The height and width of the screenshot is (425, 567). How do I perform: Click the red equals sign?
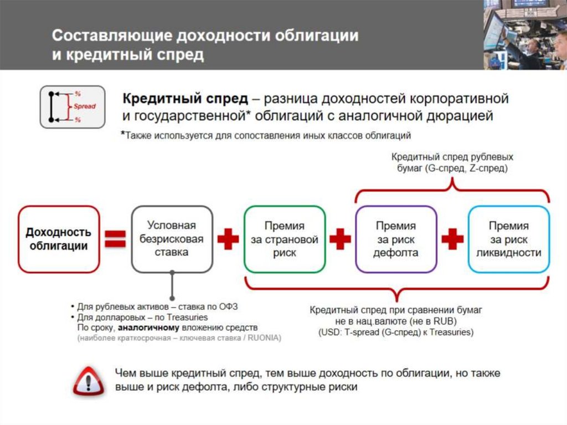[x=116, y=239]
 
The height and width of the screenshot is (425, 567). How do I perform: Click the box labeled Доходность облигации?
[x=59, y=239]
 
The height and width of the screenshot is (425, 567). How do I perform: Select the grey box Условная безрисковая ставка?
[x=172, y=239]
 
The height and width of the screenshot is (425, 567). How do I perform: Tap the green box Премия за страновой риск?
[x=284, y=239]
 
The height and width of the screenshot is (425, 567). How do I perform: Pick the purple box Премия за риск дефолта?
[x=396, y=239]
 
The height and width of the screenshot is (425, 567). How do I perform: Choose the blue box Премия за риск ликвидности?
[x=508, y=239]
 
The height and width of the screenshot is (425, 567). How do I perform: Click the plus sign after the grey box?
[x=228, y=239]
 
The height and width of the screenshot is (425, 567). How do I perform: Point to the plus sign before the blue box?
[x=452, y=239]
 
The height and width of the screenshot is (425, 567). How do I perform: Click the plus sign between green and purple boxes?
[x=340, y=239]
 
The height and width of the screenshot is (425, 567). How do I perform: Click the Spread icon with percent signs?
[x=72, y=106]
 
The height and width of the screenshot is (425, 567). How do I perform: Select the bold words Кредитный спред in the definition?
[x=185, y=99]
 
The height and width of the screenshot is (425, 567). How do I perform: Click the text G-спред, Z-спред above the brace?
[x=467, y=167]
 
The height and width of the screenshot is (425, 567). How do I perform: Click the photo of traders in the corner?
[x=524, y=34]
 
